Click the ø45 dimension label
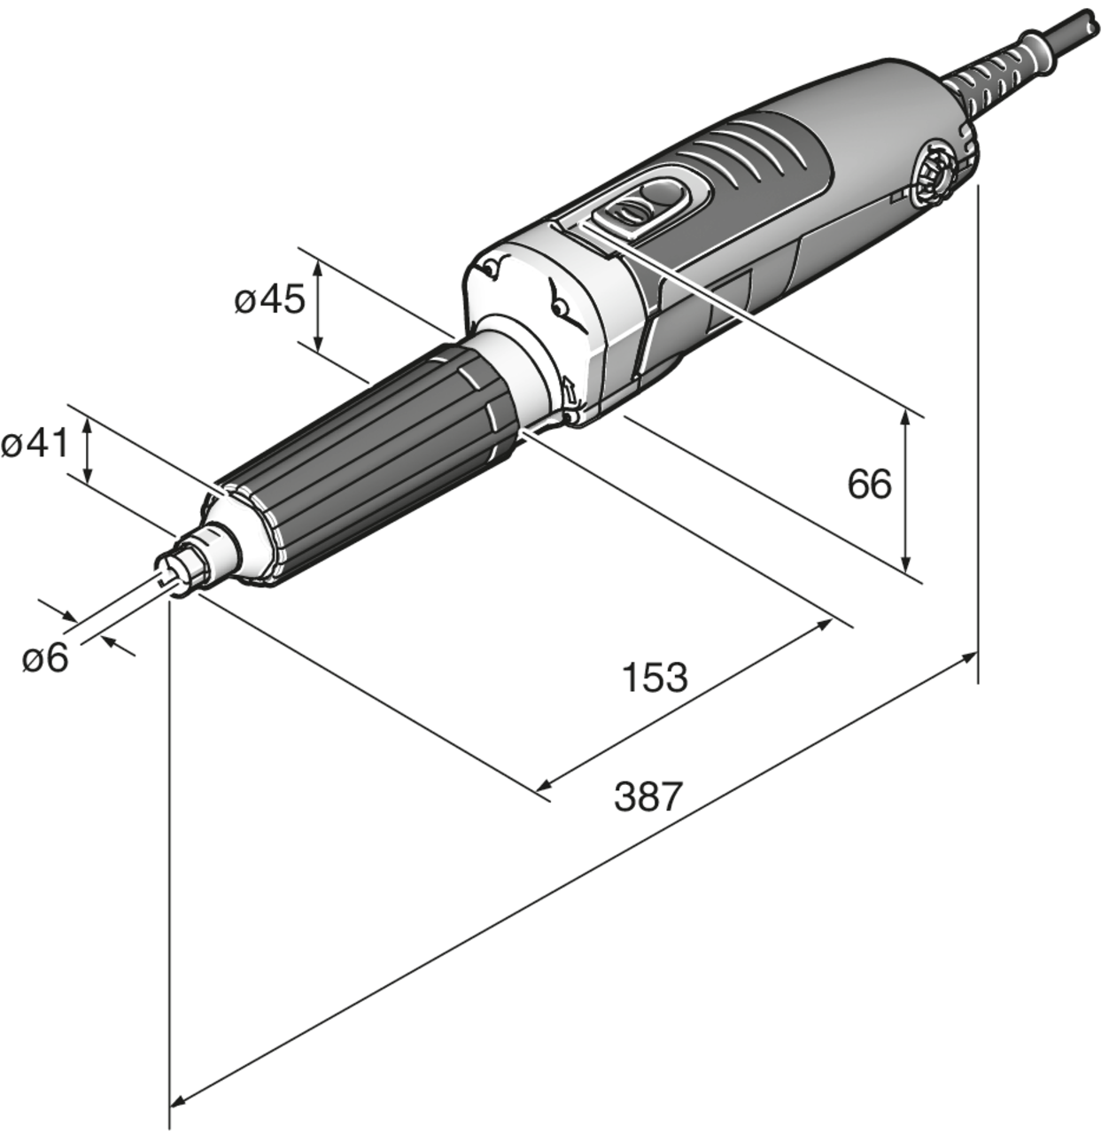click(270, 300)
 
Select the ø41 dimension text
click(35, 444)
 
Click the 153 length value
click(655, 678)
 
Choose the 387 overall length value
click(648, 796)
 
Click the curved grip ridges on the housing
click(753, 146)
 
